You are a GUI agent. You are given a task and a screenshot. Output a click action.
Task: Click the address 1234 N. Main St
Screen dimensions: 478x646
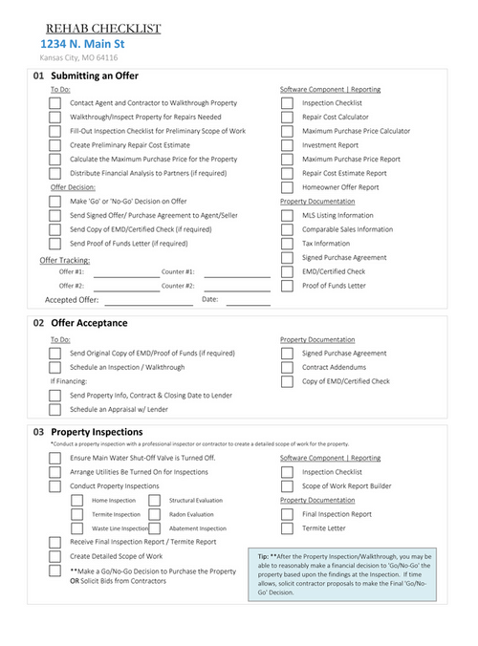(x=81, y=44)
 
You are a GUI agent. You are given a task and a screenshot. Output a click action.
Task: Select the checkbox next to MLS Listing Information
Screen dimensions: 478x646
(x=286, y=216)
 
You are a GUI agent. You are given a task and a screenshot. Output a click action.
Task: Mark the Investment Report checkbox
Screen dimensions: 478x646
(x=286, y=145)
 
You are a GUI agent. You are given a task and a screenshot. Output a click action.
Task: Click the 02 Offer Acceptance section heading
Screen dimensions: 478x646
(x=80, y=323)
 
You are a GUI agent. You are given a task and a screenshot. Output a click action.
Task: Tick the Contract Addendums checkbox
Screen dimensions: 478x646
(x=286, y=367)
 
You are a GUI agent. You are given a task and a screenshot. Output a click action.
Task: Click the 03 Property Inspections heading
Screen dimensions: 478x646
(x=88, y=432)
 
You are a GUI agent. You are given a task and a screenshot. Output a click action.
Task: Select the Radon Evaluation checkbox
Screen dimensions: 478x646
(x=154, y=514)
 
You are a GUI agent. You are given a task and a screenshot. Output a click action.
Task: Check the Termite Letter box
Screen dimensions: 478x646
(x=286, y=528)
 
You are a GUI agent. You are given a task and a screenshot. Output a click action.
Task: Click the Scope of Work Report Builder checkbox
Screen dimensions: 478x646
(x=286, y=486)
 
